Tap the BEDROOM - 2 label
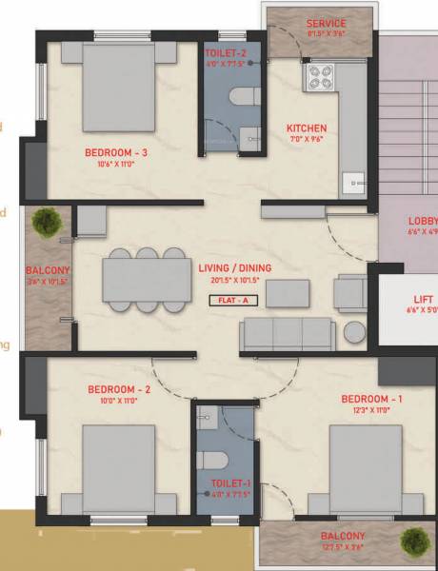pos(119,389)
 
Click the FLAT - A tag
pos(234,299)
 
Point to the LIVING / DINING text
pos(234,269)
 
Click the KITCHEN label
pos(307,128)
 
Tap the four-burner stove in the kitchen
pos(316,76)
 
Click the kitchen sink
pos(353,181)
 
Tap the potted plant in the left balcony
pos(45,223)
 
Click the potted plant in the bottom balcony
pos(412,543)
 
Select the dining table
pos(147,279)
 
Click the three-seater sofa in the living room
pos(287,334)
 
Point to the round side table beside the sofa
pos(355,332)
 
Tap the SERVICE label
pos(326,23)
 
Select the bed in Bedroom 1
pos(366,466)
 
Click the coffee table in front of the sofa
pos(287,294)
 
